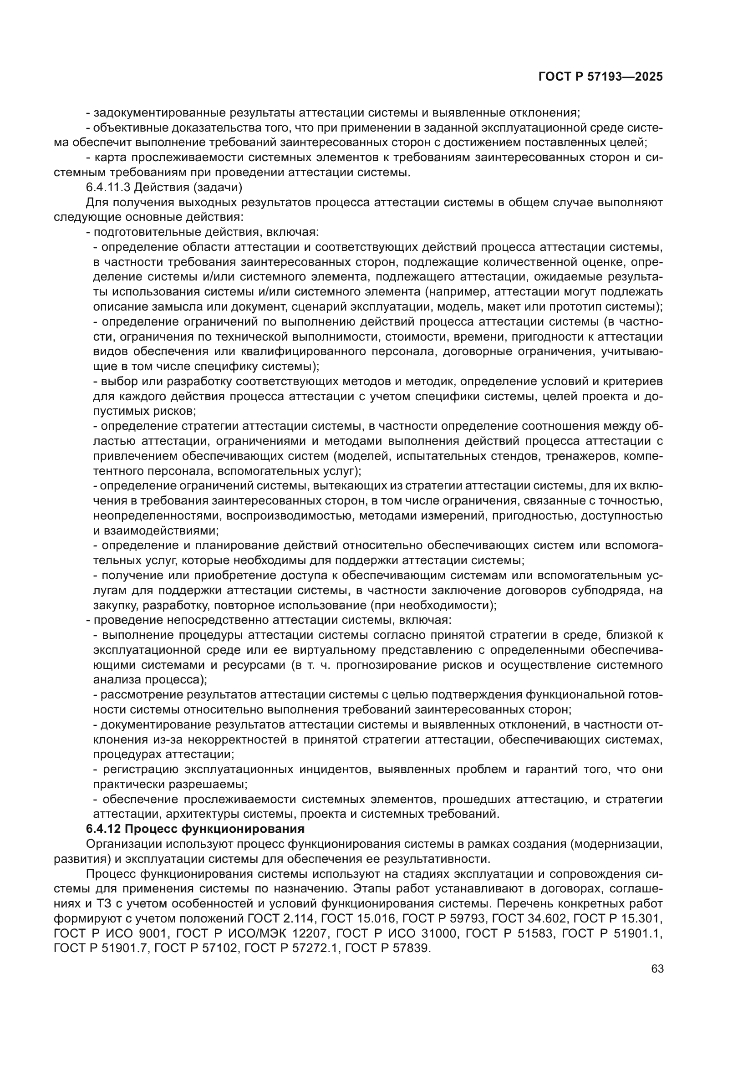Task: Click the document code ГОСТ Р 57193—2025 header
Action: coord(600,77)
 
